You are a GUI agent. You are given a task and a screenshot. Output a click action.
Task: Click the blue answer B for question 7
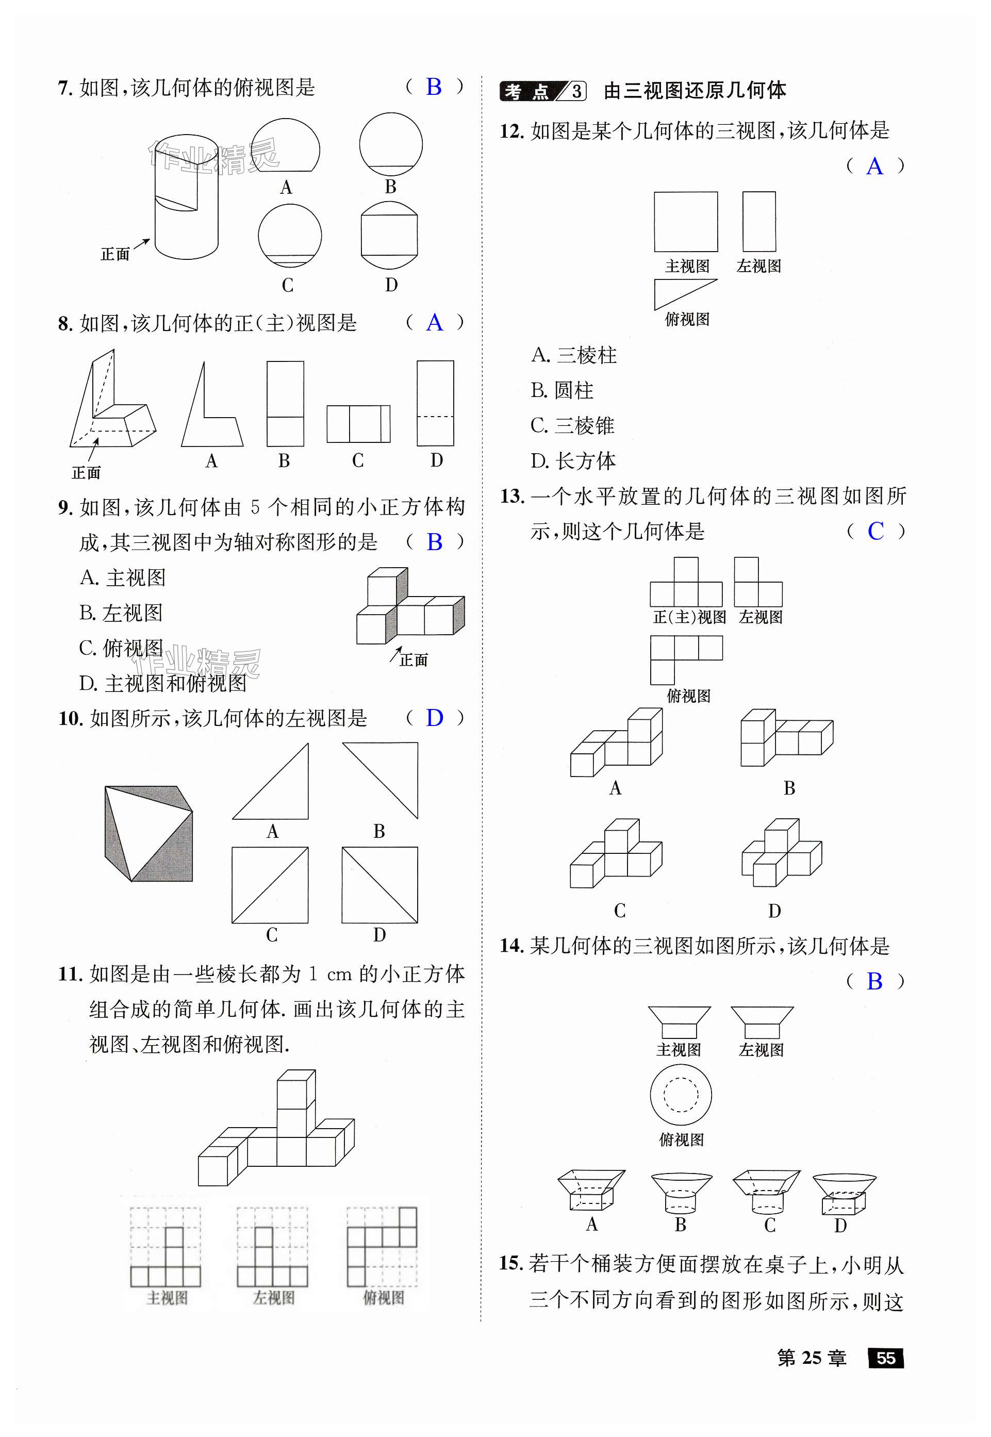coord(434,87)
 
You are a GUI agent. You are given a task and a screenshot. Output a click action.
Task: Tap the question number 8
coord(65,323)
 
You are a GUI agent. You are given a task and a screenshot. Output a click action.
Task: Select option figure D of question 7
coord(389,235)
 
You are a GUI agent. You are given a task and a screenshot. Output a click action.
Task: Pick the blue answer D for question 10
coord(434,718)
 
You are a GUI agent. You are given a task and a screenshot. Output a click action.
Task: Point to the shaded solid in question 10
coord(148,833)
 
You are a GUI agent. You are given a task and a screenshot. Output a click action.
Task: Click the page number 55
coord(885,1358)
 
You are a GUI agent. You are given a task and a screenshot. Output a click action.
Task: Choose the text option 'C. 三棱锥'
coord(572,426)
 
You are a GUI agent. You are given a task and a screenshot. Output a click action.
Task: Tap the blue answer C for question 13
coord(876,532)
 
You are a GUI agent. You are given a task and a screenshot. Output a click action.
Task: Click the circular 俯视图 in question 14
coord(681,1094)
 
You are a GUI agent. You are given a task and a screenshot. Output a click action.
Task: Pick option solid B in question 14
coord(681,1193)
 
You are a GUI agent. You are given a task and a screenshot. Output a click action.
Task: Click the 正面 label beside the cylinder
coord(115,254)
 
